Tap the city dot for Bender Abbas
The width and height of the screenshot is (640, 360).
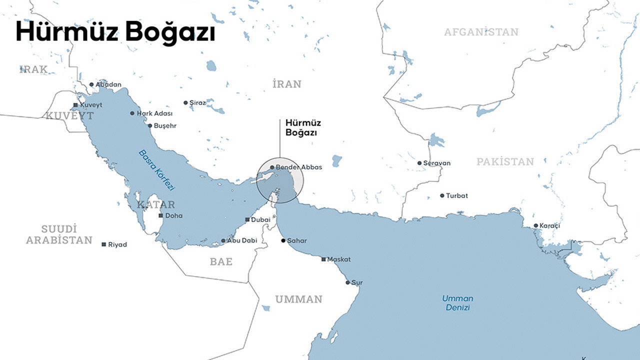(272, 167)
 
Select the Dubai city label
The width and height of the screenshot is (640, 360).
(260, 219)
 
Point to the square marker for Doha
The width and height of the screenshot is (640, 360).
(161, 216)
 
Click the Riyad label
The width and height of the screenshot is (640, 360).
(117, 244)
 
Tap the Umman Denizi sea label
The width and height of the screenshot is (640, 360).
(457, 303)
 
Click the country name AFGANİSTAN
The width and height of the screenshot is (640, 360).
(481, 32)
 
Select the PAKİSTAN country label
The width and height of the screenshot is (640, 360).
(505, 161)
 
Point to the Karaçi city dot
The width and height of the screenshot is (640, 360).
(535, 226)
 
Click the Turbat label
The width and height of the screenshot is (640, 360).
(457, 195)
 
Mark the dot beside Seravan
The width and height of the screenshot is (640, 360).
(419, 163)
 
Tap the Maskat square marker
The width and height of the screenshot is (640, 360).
(323, 259)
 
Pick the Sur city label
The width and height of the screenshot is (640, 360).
(357, 282)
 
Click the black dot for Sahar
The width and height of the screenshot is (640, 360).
(283, 240)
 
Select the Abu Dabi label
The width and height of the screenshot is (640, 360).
(242, 240)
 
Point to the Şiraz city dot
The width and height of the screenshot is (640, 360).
(185, 102)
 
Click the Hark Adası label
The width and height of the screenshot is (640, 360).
(154, 113)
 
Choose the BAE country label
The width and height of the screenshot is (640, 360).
(221, 261)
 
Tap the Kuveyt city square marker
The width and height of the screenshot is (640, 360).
(75, 105)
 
